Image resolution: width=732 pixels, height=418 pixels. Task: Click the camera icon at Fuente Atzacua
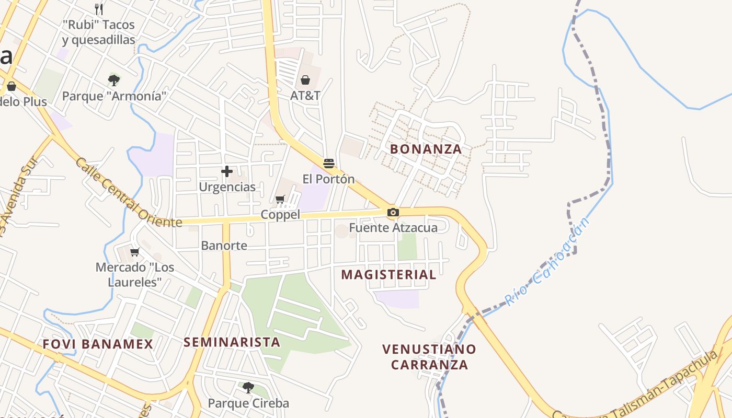click(393, 212)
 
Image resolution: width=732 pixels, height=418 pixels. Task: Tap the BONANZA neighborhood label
click(426, 149)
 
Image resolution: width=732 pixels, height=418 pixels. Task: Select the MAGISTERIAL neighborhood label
click(388, 275)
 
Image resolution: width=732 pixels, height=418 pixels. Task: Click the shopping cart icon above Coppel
click(280, 199)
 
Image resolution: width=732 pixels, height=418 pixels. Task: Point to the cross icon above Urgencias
click(227, 171)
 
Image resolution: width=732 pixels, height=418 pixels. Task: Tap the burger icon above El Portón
click(329, 164)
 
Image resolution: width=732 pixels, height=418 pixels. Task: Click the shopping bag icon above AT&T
click(305, 80)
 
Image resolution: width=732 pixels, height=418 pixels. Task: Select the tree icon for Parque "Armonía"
click(114, 80)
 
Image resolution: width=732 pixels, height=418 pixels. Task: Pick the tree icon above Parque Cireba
click(248, 388)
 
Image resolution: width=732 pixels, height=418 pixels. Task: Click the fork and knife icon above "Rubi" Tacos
click(99, 9)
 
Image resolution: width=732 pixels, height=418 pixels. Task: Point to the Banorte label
click(224, 246)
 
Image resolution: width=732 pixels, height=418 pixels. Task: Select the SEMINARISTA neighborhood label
click(232, 342)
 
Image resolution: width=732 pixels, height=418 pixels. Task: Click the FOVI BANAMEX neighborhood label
click(98, 344)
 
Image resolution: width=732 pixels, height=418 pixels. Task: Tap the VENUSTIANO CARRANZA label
click(429, 357)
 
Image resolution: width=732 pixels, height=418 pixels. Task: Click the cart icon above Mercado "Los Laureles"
click(135, 252)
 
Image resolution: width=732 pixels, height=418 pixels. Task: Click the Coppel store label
click(281, 215)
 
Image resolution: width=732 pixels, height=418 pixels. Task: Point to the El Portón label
click(328, 179)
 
